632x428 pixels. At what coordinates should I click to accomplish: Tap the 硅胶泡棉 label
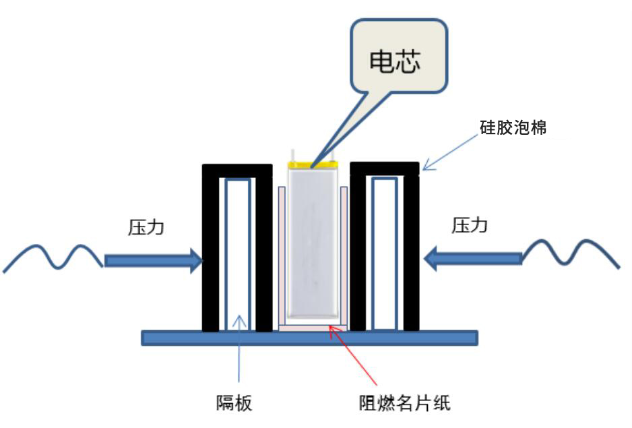point(518,126)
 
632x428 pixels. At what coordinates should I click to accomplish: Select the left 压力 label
point(146,227)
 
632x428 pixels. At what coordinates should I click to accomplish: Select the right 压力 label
point(470,226)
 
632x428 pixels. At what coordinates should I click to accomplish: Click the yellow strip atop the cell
point(313,164)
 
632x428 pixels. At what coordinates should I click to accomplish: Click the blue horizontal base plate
point(309,338)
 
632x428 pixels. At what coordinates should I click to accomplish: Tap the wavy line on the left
point(54,257)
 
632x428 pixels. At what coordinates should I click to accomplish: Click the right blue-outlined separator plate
point(384,253)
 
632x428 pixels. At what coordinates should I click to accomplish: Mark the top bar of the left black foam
point(237,171)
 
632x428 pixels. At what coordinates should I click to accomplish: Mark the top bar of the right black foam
point(385,169)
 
